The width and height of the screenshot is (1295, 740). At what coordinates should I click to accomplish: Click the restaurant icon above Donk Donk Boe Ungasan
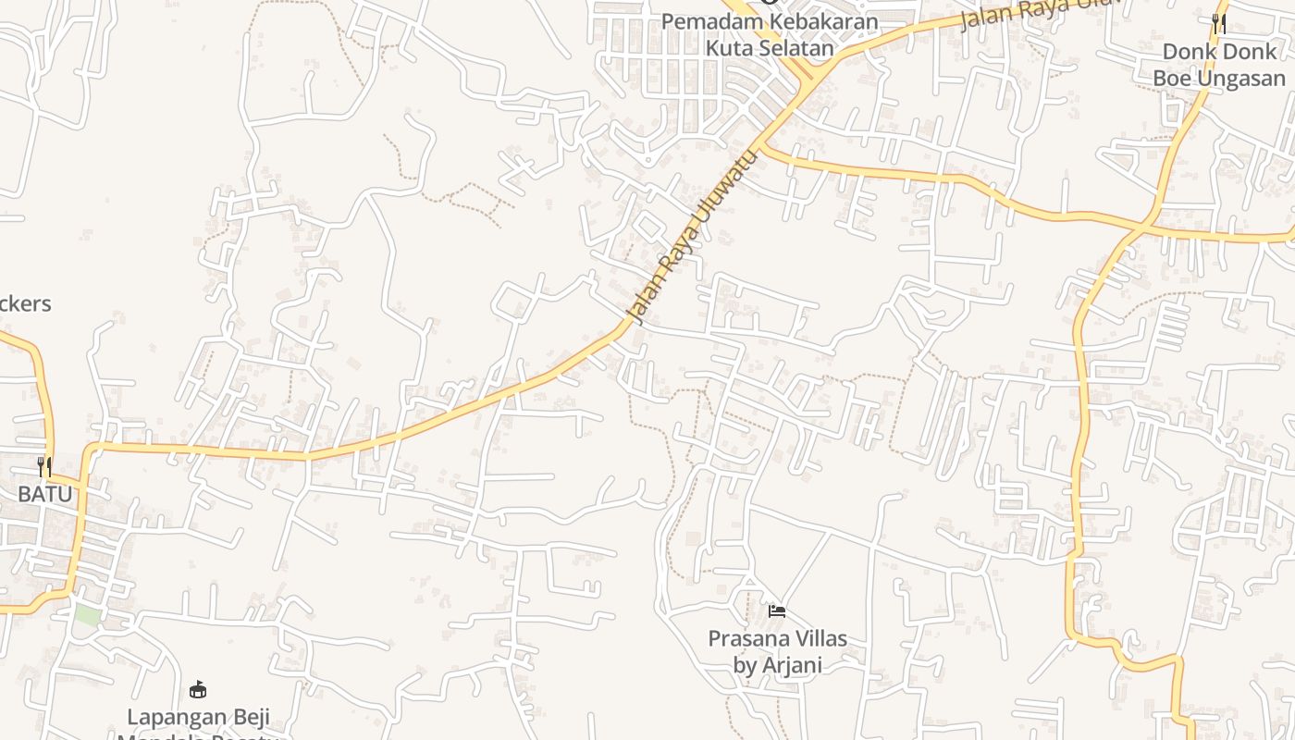[1219, 23]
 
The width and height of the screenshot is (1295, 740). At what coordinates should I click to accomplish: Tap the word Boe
[1172, 79]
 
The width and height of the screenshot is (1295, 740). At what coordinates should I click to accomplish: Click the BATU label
[44, 494]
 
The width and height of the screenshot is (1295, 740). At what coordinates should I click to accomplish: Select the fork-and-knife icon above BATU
[44, 466]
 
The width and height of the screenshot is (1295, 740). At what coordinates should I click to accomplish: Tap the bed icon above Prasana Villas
[777, 611]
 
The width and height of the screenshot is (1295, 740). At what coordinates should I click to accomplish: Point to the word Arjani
[792, 665]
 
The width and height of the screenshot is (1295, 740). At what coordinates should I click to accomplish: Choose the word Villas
[817, 639]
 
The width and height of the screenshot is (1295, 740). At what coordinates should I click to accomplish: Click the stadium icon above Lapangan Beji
[197, 689]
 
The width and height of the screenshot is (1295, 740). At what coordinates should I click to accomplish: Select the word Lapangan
[176, 717]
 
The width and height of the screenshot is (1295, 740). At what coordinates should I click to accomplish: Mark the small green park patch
[88, 614]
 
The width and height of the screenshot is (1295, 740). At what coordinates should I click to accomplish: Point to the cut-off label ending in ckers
[24, 304]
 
